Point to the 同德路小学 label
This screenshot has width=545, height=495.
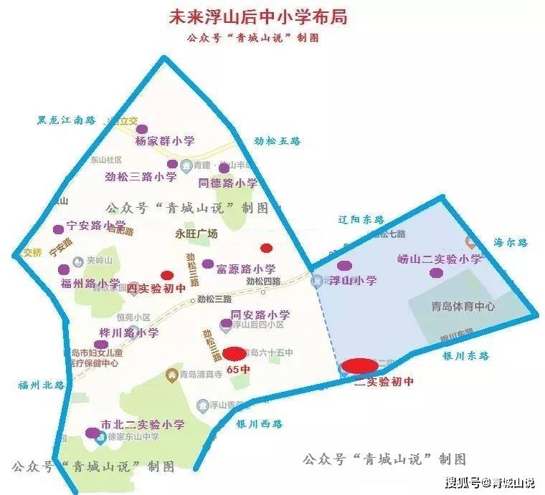(227, 183)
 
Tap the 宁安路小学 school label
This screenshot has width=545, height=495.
(96, 225)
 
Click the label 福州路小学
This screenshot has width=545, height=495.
(90, 284)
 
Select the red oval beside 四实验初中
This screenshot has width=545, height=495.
(167, 275)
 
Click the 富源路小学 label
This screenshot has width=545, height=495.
(246, 269)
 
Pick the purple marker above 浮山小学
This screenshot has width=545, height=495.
(344, 266)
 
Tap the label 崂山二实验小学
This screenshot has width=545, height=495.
(440, 259)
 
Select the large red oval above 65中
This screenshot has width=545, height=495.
(234, 353)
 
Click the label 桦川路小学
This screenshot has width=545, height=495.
(129, 333)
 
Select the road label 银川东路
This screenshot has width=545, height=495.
(465, 355)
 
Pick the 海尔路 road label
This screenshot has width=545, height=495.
(511, 243)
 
